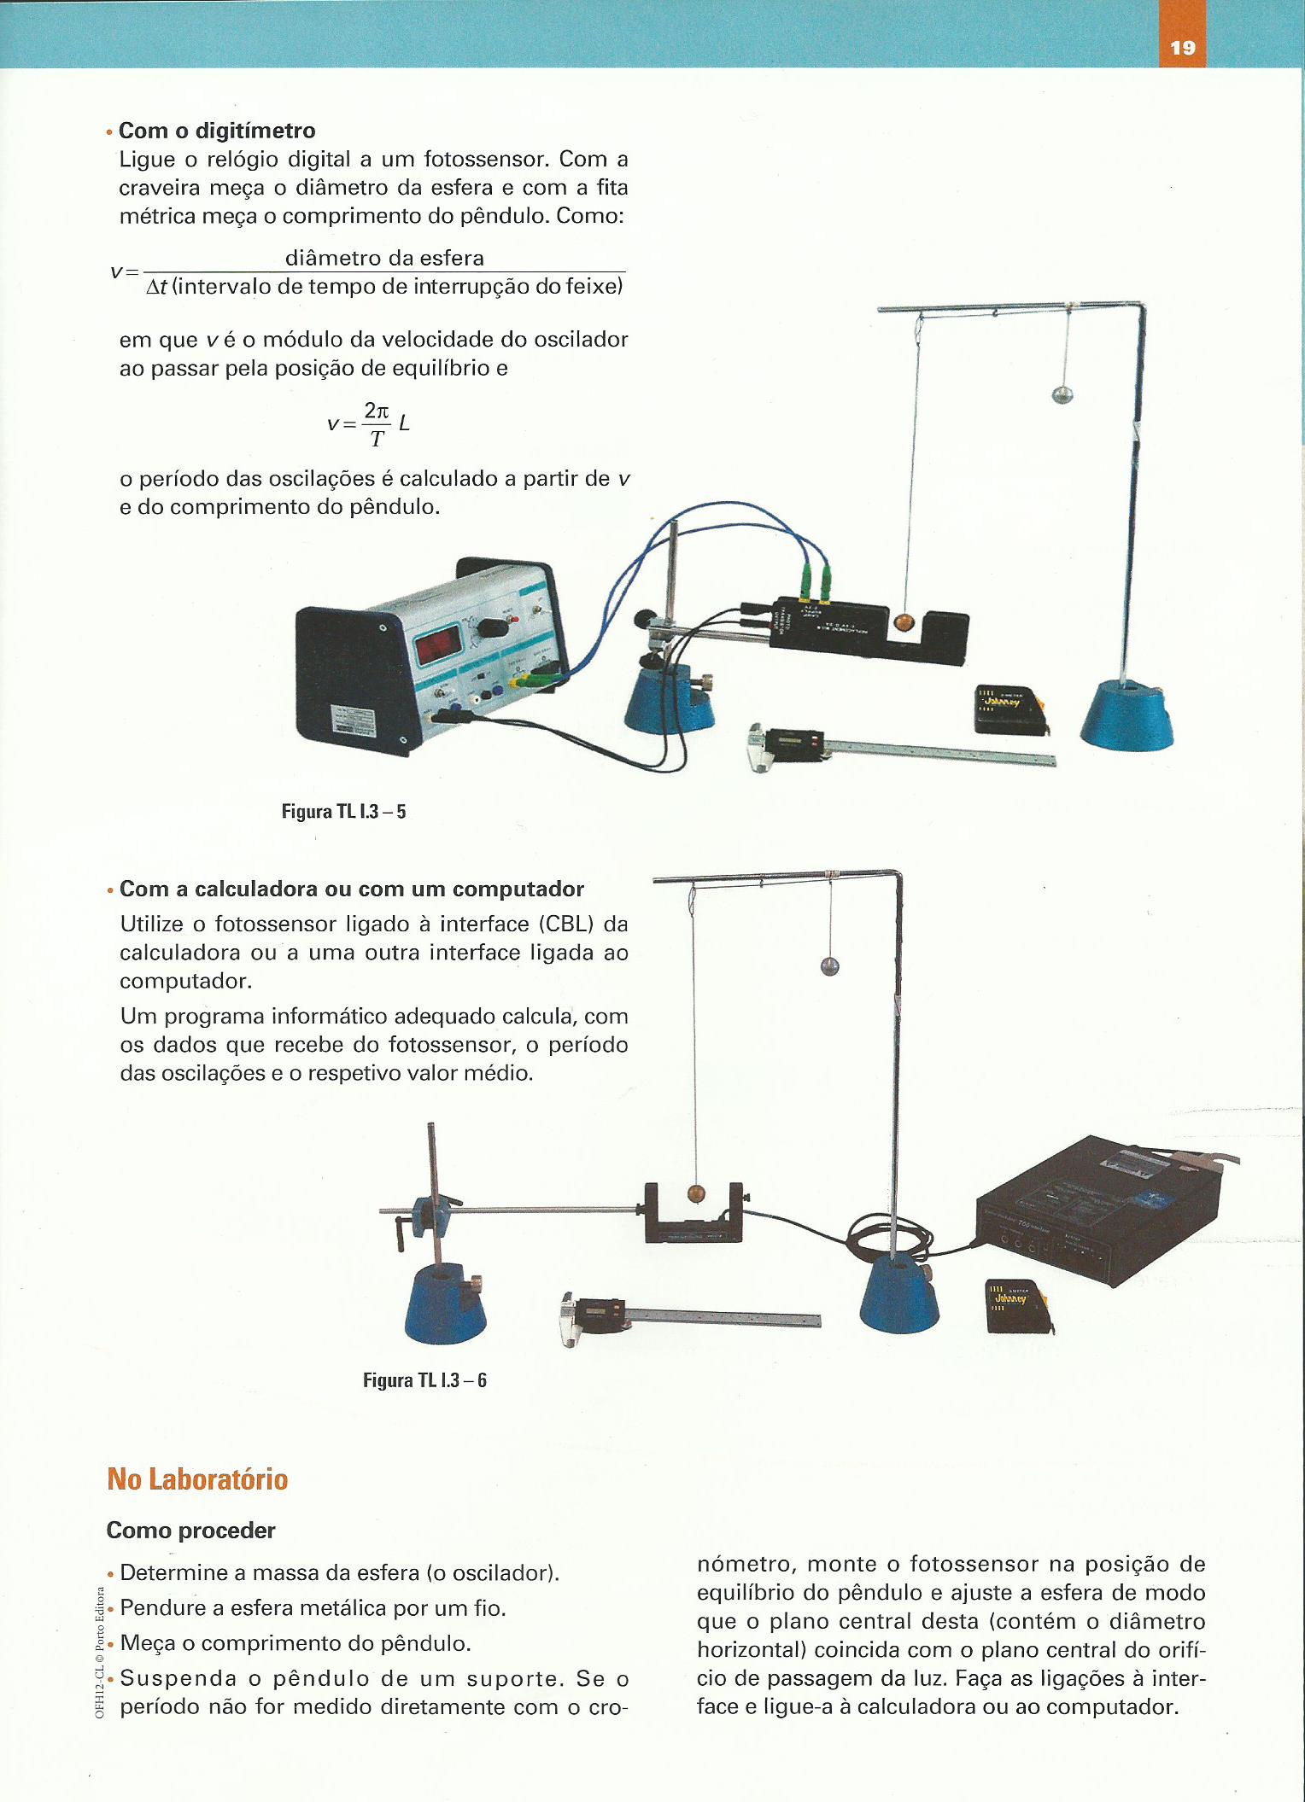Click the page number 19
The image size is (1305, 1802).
coord(1182,48)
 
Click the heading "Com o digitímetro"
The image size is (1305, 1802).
coord(217,131)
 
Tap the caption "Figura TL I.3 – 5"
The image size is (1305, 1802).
coord(343,811)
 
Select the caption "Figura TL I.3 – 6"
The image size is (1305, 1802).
coord(424,1380)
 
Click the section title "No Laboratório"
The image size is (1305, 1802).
coord(197,1479)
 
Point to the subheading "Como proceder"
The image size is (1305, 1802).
coord(190,1531)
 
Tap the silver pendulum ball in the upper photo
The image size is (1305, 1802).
coord(1062,394)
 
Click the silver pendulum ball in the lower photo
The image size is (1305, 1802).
coord(829,966)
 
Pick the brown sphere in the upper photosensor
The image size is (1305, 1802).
coord(903,623)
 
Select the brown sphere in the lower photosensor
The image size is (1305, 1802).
coord(697,1193)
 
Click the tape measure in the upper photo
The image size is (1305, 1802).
coord(1011,709)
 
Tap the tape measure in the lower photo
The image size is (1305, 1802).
coord(1020,1306)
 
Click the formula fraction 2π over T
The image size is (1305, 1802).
coord(377,423)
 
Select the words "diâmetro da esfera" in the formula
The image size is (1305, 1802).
coord(384,258)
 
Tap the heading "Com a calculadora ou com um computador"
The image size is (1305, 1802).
coord(352,889)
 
